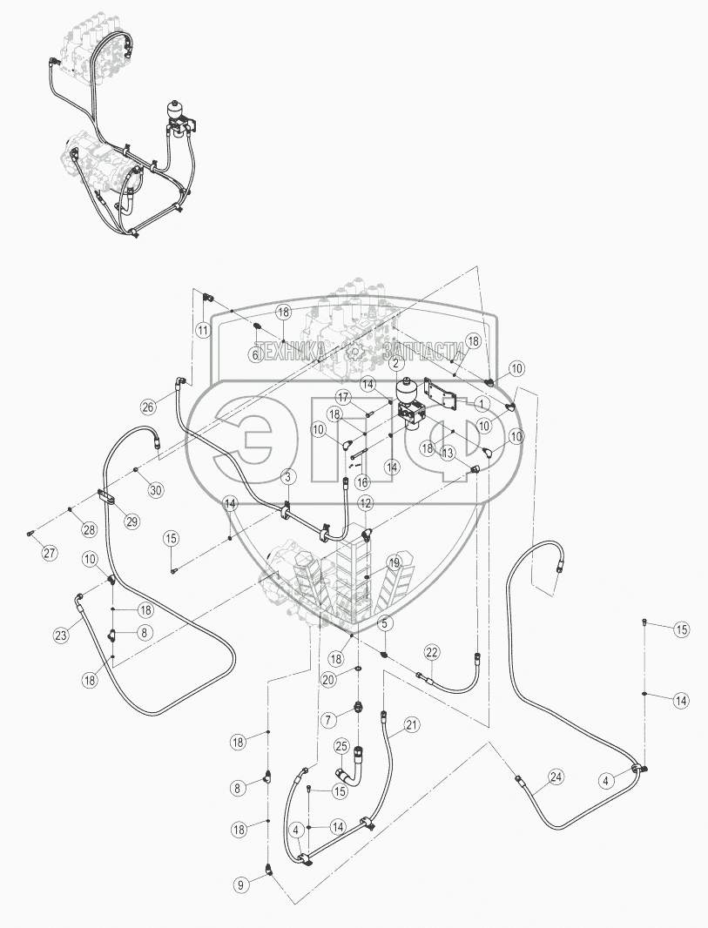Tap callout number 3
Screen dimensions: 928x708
(x=287, y=476)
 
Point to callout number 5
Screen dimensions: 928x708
(x=386, y=623)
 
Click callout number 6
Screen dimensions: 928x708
(x=256, y=354)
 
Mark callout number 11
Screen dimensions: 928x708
(x=202, y=330)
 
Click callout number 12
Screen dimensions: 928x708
(x=366, y=503)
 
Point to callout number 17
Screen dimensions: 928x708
(x=344, y=397)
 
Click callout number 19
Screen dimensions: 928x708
(x=394, y=563)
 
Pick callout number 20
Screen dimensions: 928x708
(x=327, y=679)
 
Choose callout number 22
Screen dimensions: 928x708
(x=433, y=652)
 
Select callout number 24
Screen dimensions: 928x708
(x=555, y=777)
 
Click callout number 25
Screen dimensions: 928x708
(x=341, y=746)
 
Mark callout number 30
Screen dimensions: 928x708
(x=156, y=490)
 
